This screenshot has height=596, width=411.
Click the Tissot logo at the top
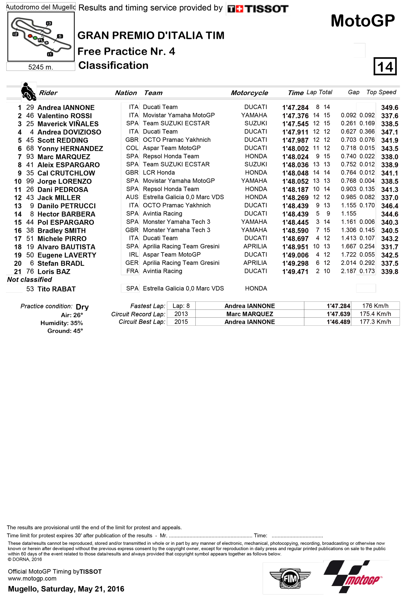click(x=258, y=9)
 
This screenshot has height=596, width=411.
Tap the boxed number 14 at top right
click(x=385, y=66)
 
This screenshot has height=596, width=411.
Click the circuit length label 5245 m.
click(x=41, y=67)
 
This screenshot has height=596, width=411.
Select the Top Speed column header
click(x=381, y=92)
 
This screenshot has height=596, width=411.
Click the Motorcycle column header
click(x=249, y=93)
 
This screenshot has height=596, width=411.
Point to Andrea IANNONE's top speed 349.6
click(x=390, y=107)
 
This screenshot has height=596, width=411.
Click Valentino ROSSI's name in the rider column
click(x=65, y=116)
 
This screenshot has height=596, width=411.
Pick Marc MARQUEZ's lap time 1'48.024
click(x=295, y=157)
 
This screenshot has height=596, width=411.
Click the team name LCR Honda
click(x=159, y=172)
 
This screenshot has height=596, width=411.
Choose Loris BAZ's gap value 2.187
click(x=348, y=271)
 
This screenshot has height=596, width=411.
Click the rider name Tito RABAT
click(x=56, y=289)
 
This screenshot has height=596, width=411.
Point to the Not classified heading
click(x=30, y=280)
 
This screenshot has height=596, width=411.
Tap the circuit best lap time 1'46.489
click(x=338, y=322)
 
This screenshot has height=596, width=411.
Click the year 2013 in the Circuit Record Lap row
click(x=181, y=314)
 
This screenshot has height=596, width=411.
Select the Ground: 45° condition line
click(x=65, y=331)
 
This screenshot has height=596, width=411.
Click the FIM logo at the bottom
click(x=290, y=578)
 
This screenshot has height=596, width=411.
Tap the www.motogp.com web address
click(x=32, y=579)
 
